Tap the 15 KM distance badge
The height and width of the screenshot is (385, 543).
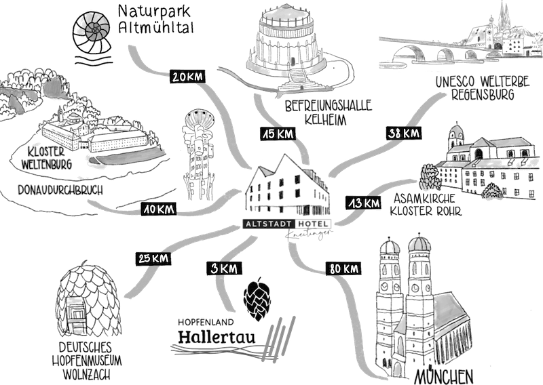[x=276, y=134]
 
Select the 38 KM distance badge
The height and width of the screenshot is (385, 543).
[x=402, y=133]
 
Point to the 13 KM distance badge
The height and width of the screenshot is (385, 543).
[x=363, y=203]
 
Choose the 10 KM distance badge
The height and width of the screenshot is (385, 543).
[x=159, y=210]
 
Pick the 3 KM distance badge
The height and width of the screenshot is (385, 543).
[x=223, y=268]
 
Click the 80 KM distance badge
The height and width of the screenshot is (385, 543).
[x=343, y=268]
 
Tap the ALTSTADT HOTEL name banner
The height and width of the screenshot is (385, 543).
[x=287, y=224]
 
